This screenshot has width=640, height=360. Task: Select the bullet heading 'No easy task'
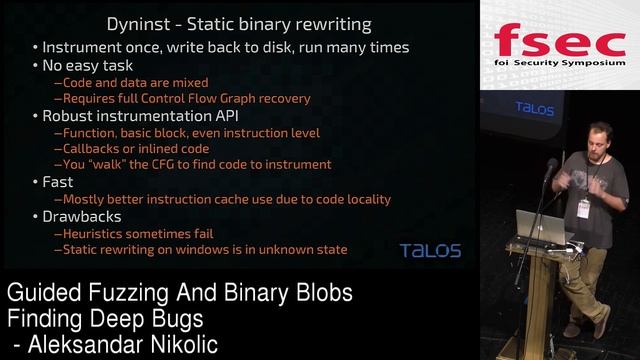(89, 65)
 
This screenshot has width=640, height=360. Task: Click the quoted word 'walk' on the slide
(118, 165)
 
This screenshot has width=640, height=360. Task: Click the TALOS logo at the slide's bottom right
(430, 250)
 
